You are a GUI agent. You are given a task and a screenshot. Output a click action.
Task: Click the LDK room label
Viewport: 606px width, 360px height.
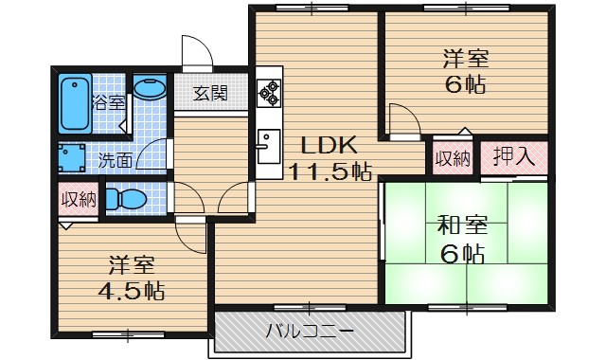coord(329,146)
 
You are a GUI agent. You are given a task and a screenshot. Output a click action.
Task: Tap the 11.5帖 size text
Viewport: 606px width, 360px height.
coord(329,171)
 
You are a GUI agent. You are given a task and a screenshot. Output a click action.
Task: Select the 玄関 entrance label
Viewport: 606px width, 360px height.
coord(210,93)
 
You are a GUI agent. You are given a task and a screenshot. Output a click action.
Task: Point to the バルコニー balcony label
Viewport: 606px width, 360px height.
coord(310,333)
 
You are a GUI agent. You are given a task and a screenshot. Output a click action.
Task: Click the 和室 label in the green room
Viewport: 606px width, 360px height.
coord(461,226)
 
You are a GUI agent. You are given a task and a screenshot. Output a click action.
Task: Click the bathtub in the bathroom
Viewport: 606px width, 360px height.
coord(73,103)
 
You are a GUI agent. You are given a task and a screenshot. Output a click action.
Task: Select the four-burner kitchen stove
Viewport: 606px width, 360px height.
coord(269,93)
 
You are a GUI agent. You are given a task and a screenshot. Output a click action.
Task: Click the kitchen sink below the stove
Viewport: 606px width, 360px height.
coord(268,145)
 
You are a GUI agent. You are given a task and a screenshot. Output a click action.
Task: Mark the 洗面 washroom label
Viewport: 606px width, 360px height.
coord(116,160)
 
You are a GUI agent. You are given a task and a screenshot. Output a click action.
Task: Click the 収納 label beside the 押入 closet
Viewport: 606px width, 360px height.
coord(454,156)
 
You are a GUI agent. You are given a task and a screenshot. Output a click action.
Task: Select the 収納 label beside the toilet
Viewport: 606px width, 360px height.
coord(77,199)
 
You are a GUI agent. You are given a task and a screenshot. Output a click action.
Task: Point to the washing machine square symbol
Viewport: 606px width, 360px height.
coord(72,157)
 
